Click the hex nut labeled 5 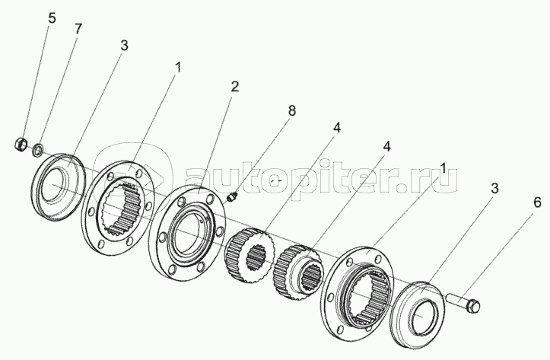[x=21, y=144]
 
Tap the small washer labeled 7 [x=37, y=150]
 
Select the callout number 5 [x=52, y=18]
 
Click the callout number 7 [x=78, y=29]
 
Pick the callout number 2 [x=234, y=86]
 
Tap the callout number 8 [x=292, y=111]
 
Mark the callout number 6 [x=538, y=202]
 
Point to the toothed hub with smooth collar [x=299, y=272]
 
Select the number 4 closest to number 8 [x=336, y=129]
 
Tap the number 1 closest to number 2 [x=179, y=68]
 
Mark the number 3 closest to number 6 [x=494, y=189]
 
